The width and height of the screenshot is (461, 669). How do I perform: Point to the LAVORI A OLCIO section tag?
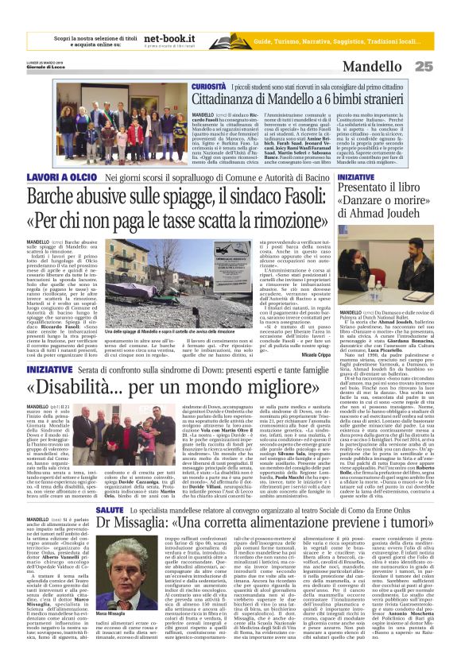click(x=52, y=178)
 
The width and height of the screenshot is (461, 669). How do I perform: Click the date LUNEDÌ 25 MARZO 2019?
click(x=45, y=64)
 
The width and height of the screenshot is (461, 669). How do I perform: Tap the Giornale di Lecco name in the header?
click(x=45, y=68)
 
